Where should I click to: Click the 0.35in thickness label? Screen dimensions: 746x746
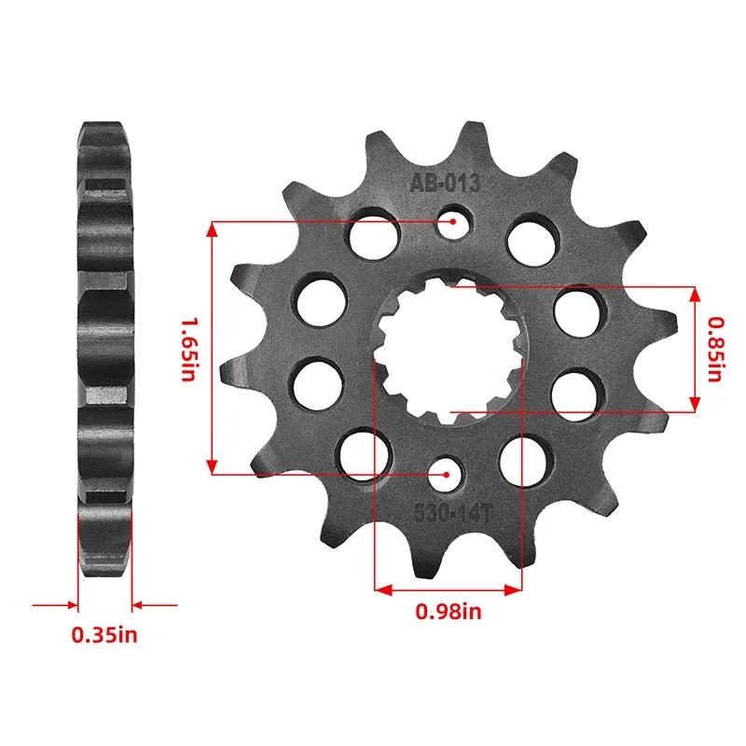104,636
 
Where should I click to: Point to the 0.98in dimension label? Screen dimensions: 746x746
448,613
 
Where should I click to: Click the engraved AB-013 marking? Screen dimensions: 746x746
445,184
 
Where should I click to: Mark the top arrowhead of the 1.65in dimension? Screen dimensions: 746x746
214,228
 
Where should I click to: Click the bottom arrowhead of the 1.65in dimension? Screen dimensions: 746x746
214,467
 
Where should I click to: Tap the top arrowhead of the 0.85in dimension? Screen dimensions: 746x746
695,293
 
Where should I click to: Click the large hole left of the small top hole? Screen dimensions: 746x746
376,230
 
